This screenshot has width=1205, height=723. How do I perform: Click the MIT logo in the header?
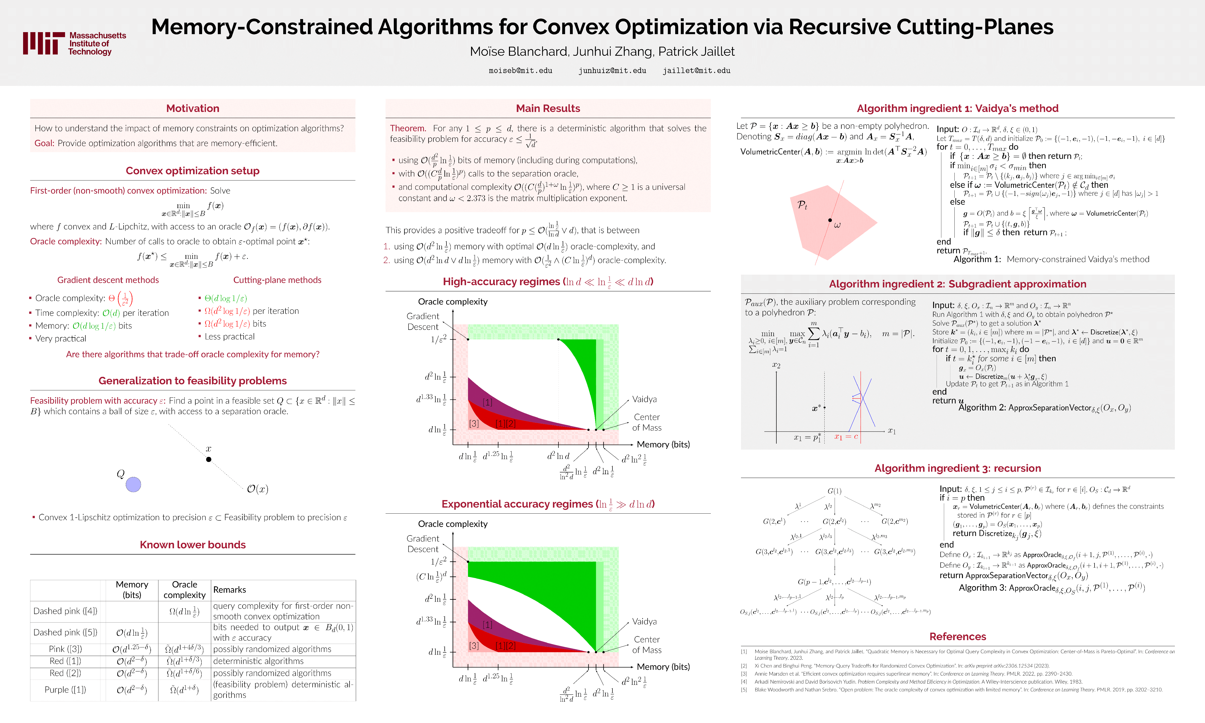(74, 43)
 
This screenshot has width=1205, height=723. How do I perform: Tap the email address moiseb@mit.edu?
(521, 71)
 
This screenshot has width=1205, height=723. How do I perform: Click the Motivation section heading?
(193, 108)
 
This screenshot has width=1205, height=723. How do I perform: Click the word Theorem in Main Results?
(408, 128)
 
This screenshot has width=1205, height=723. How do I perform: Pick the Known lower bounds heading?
(193, 545)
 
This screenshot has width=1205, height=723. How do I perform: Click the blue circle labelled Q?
(134, 484)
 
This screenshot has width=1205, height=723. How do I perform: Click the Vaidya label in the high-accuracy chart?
(644, 399)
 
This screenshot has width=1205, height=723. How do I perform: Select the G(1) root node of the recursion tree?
(834, 491)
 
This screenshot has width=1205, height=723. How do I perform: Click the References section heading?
(957, 636)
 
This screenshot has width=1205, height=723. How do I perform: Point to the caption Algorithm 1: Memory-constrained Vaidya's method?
(1051, 259)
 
